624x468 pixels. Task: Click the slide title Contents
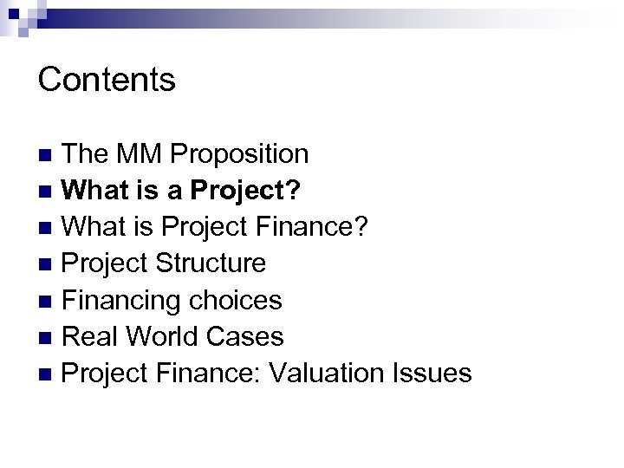[x=107, y=80]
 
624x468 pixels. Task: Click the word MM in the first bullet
[x=140, y=154]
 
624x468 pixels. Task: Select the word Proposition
[x=240, y=154]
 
